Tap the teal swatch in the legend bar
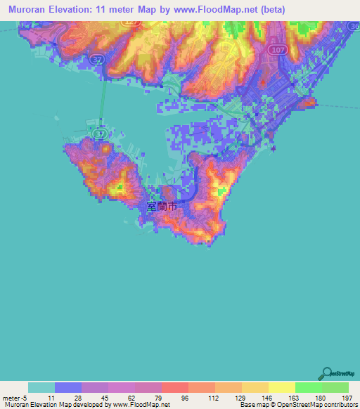[x=41, y=387]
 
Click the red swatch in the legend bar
[x=175, y=387]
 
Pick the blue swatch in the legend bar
[x=68, y=387]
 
